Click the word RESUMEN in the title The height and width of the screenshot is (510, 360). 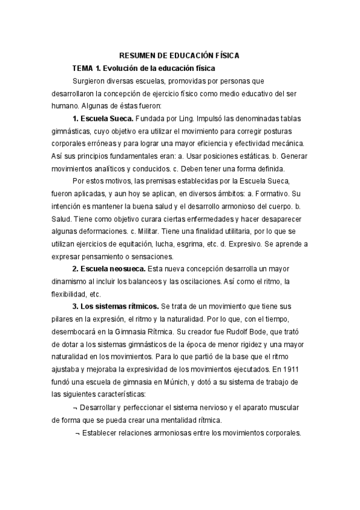[130, 55]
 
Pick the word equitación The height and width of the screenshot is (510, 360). [138, 244]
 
